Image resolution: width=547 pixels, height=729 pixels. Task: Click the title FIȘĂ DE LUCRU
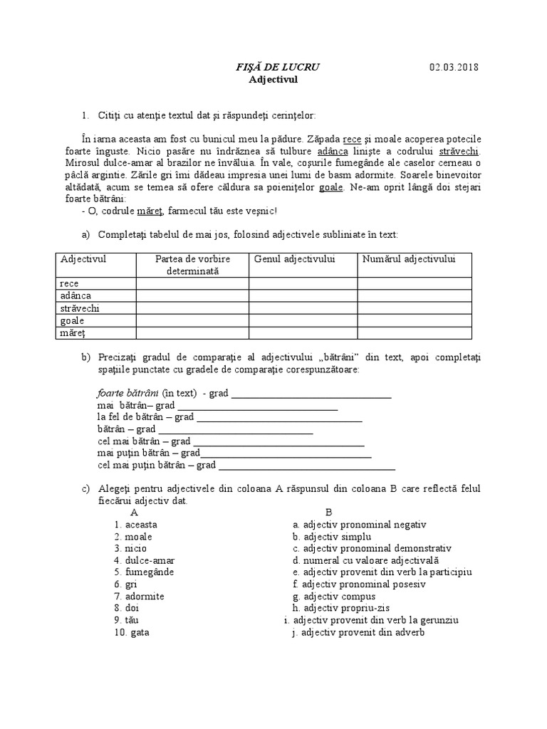pos(277,67)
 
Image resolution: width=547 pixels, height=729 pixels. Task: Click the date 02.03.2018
pos(454,67)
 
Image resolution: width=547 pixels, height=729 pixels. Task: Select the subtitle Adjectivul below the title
pos(273,80)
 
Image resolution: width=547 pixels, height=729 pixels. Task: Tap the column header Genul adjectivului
pos(294,259)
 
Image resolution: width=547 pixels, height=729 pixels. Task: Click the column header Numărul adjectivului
pos(408,259)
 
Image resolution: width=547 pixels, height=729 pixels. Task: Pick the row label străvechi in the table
pos(80,308)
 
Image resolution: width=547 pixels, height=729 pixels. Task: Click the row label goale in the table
pos(73,320)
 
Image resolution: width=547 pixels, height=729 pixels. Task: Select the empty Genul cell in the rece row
pos(303,283)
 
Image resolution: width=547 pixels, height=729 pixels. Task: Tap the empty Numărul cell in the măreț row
pos(415,332)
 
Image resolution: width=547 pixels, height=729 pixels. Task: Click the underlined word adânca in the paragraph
pos(332,152)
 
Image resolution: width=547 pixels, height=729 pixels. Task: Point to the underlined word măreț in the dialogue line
pos(150,211)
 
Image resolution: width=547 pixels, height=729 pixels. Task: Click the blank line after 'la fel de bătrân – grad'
pos(279,417)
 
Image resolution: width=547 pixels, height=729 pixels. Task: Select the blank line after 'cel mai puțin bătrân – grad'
pos(306,466)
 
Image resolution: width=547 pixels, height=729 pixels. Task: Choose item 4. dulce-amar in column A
pos(144,560)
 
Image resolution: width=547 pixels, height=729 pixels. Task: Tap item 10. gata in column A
pos(132,631)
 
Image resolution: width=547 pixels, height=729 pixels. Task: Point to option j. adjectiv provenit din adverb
pos(358,631)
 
